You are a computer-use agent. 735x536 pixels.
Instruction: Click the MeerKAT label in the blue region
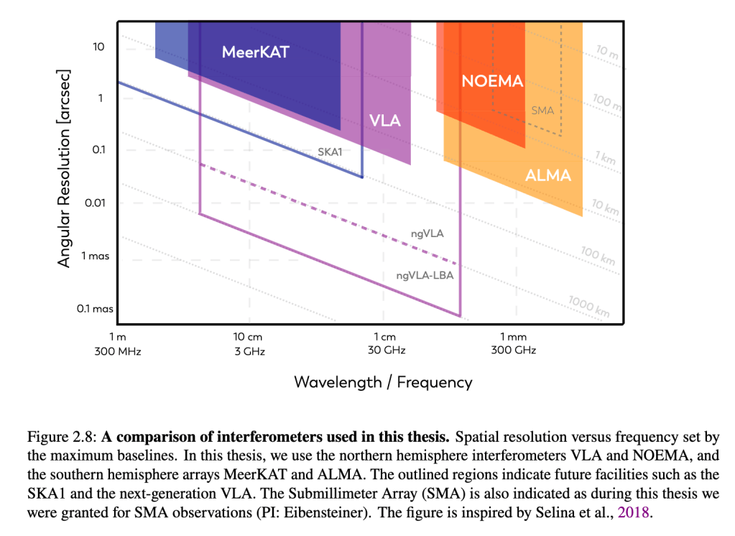click(x=255, y=52)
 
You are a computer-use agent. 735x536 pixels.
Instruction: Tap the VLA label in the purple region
click(x=384, y=120)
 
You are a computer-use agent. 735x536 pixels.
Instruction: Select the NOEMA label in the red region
click(x=492, y=81)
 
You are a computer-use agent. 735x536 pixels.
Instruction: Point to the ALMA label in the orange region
click(x=547, y=175)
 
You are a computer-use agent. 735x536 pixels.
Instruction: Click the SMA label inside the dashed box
click(x=542, y=111)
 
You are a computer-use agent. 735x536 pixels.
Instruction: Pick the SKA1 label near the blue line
click(x=330, y=152)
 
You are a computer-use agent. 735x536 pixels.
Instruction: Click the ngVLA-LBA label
click(x=425, y=275)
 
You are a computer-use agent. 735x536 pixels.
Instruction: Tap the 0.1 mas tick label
click(x=96, y=309)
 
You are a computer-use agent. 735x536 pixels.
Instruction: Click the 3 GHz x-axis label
click(x=249, y=351)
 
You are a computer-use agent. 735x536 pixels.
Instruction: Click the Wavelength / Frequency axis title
click(x=383, y=382)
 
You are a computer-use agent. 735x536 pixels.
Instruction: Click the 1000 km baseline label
click(x=588, y=306)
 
